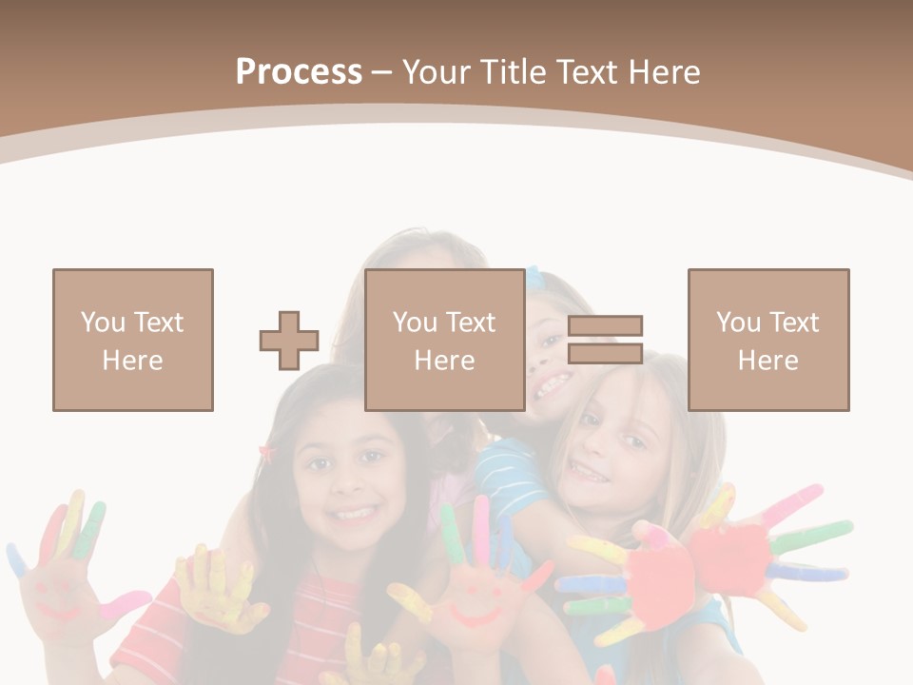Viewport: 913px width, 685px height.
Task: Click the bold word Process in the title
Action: click(299, 72)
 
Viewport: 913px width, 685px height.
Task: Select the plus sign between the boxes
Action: click(289, 341)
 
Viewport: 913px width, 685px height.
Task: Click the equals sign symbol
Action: click(605, 340)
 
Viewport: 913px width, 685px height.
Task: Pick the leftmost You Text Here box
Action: click(133, 340)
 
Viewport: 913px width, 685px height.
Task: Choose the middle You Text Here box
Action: click(445, 340)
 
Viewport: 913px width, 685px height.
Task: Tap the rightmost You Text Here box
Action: click(768, 340)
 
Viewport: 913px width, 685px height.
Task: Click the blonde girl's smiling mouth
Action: click(589, 470)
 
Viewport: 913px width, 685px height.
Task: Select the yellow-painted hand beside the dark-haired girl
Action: click(214, 590)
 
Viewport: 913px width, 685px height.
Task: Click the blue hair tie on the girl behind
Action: click(534, 277)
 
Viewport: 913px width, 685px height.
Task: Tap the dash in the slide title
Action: click(382, 72)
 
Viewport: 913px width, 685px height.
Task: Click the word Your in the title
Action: click(438, 72)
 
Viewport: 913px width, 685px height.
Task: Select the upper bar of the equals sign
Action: click(605, 326)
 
